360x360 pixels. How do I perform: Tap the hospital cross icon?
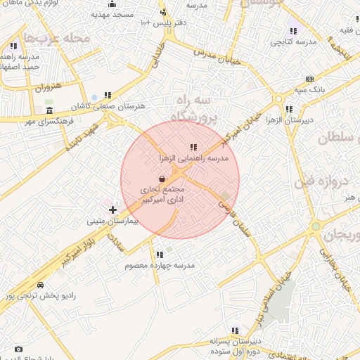click(x=112, y=210)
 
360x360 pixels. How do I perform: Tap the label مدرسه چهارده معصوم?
click(x=159, y=265)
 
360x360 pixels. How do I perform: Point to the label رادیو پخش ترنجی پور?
click(x=40, y=296)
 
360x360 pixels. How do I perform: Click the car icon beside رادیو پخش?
click(x=40, y=285)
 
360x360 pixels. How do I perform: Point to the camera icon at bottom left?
click(x=18, y=349)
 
